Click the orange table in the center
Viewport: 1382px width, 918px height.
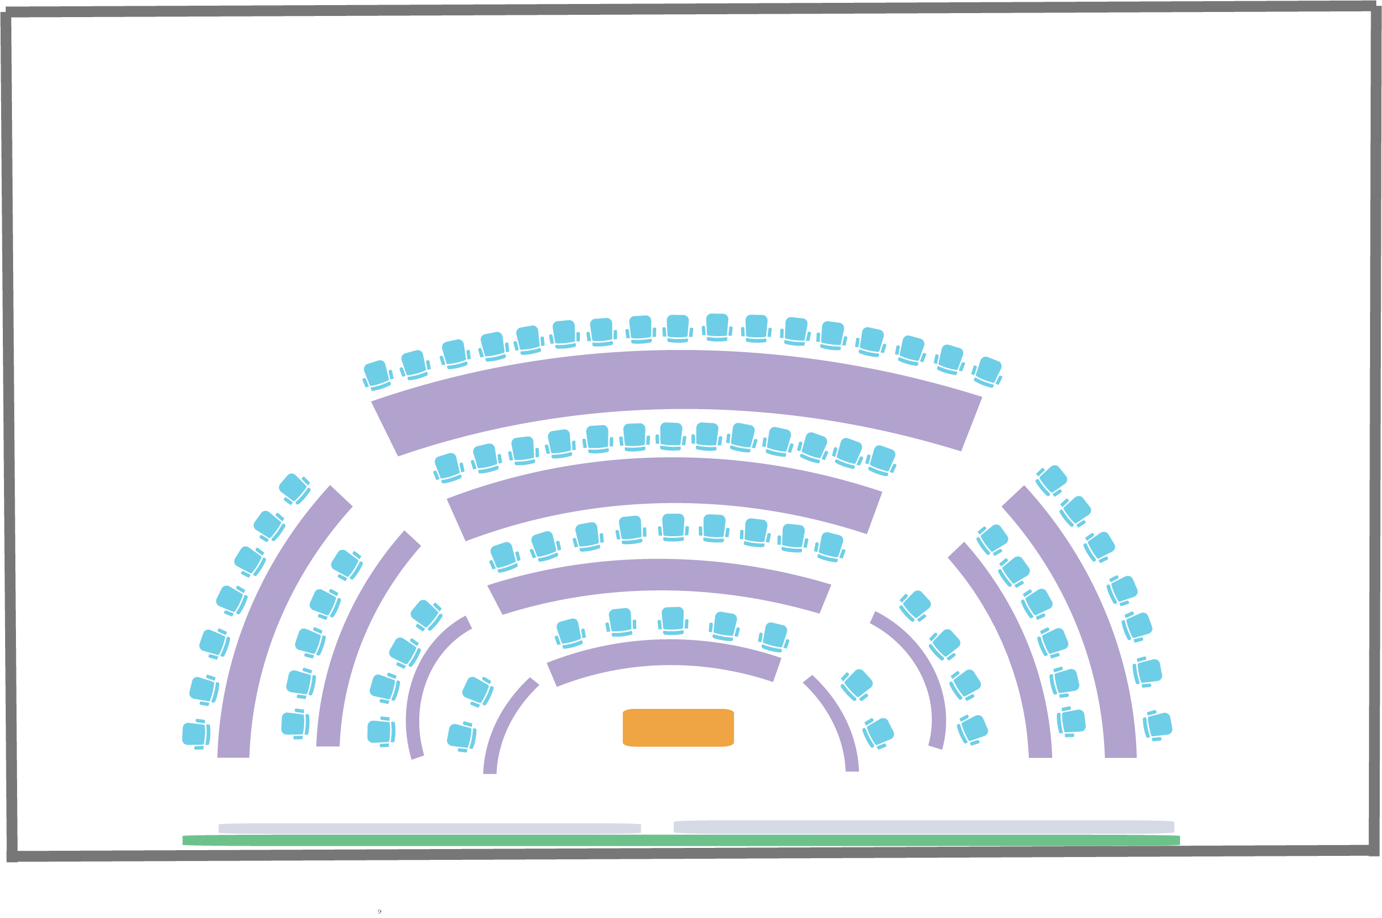(x=678, y=728)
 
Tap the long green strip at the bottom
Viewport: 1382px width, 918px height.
(x=681, y=841)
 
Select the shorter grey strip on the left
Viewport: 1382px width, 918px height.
(x=430, y=829)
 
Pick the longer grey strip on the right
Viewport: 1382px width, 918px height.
(x=923, y=827)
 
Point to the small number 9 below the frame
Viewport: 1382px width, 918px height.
(x=379, y=912)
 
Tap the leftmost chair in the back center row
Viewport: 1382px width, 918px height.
(x=378, y=375)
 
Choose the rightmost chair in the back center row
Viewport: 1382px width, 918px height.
(x=987, y=371)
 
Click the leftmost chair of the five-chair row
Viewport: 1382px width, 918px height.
(x=569, y=633)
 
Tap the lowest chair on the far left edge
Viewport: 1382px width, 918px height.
(x=195, y=735)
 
